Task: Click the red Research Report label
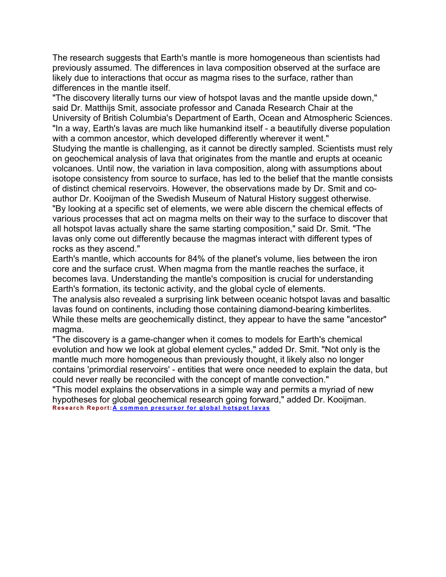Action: pos(82,408)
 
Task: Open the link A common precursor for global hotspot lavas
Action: pos(191,408)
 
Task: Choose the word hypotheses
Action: pos(75,400)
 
